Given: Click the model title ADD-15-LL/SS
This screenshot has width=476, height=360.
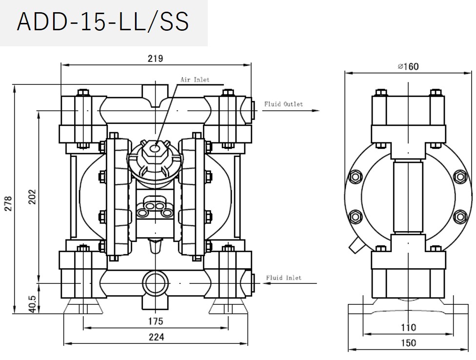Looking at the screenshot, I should (x=103, y=22).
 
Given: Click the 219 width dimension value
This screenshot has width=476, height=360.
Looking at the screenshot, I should (x=155, y=59).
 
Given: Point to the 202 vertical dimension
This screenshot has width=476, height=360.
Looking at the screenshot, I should (x=33, y=197).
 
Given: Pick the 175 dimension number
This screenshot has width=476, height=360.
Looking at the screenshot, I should (x=156, y=321).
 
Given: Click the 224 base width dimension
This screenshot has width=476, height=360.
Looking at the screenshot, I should (x=156, y=337).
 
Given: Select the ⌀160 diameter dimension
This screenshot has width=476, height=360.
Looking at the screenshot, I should (x=408, y=66).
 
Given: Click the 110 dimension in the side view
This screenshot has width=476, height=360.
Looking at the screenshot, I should (x=408, y=327).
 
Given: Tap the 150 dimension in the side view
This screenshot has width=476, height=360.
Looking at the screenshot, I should (x=408, y=343).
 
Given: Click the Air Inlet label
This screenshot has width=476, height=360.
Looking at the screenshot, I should (x=195, y=80).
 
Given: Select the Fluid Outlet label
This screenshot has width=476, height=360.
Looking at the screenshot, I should (x=283, y=104).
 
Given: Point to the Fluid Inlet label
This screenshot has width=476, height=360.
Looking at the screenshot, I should (x=283, y=278).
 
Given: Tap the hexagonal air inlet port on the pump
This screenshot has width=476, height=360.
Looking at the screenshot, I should (x=155, y=147).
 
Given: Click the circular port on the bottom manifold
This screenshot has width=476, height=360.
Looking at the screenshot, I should (x=154, y=282).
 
